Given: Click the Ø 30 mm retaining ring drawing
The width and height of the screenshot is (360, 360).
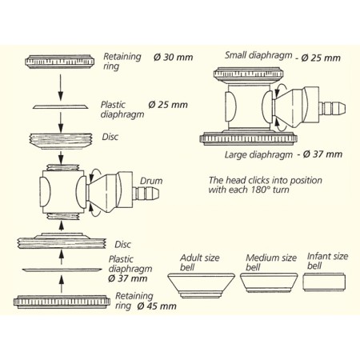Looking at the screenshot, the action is click(59, 62).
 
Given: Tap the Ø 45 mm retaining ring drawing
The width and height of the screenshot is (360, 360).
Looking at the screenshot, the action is click(62, 302).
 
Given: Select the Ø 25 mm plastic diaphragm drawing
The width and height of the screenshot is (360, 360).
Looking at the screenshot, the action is click(61, 106).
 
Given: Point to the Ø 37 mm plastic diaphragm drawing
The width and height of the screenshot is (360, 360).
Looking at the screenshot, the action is click(62, 270).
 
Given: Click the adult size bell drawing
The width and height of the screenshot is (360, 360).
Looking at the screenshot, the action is click(201, 286).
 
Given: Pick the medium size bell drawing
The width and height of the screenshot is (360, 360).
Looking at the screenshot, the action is click(269, 282).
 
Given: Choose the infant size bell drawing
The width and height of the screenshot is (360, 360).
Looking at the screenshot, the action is click(324, 282).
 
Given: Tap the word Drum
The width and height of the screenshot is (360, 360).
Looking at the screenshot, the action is click(151, 181).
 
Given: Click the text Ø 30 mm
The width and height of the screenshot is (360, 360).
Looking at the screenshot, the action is click(173, 57).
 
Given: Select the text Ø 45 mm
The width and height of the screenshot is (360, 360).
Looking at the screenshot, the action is click(157, 306).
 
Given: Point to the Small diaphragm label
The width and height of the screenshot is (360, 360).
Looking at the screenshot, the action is click(258, 55).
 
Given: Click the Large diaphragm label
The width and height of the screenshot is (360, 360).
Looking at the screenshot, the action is click(258, 154).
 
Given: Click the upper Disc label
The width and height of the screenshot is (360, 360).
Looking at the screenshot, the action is click(110, 137).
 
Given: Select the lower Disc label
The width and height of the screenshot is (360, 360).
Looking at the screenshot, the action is click(122, 244).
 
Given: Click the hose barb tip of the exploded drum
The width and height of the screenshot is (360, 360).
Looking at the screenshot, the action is click(157, 192).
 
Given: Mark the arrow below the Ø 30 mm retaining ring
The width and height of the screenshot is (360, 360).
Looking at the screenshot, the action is click(61, 87).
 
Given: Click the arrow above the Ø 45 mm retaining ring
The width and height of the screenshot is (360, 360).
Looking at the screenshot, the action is click(62, 284).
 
